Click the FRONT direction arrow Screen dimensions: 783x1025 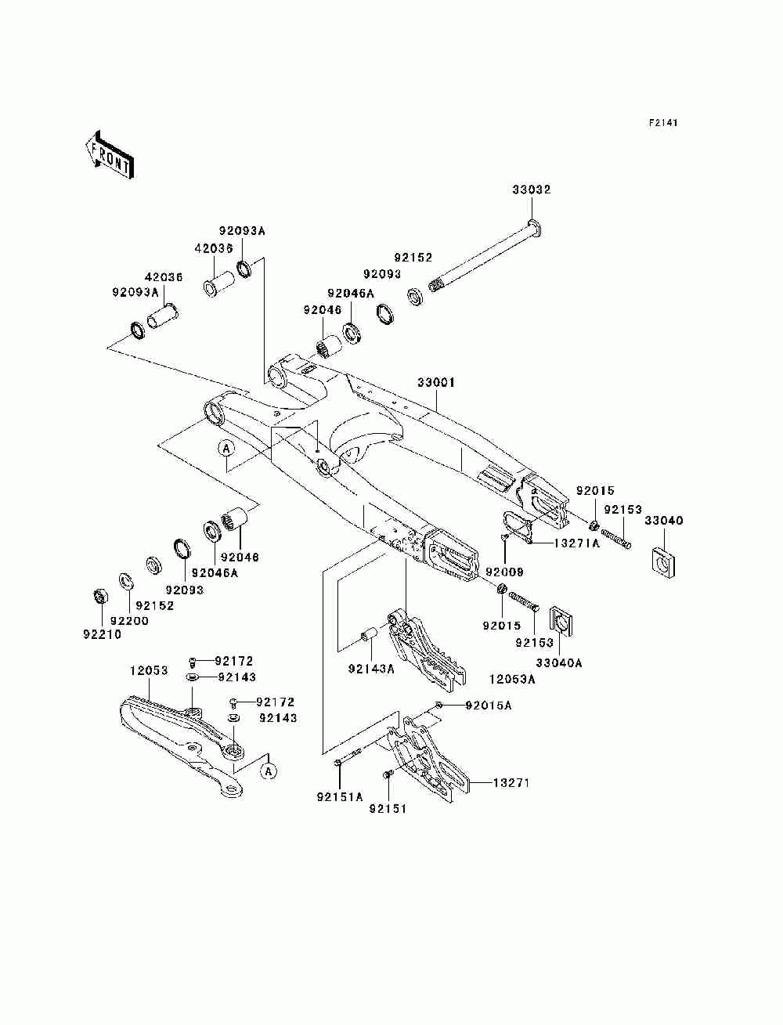(110, 154)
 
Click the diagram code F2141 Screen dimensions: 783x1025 (662, 123)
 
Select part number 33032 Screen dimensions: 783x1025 (532, 189)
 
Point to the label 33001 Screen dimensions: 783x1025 (435, 382)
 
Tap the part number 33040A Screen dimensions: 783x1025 (559, 662)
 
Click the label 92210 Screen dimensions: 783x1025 (103, 634)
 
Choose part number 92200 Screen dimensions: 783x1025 (129, 621)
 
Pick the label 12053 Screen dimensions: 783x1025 (149, 670)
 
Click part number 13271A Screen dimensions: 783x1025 (576, 543)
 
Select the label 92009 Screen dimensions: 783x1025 (504, 572)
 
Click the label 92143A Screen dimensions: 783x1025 (371, 669)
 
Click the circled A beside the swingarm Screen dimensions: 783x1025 (226, 449)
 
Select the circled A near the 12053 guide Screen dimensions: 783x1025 (268, 771)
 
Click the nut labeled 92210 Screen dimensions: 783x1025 (99, 596)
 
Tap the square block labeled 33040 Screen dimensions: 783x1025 (662, 561)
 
